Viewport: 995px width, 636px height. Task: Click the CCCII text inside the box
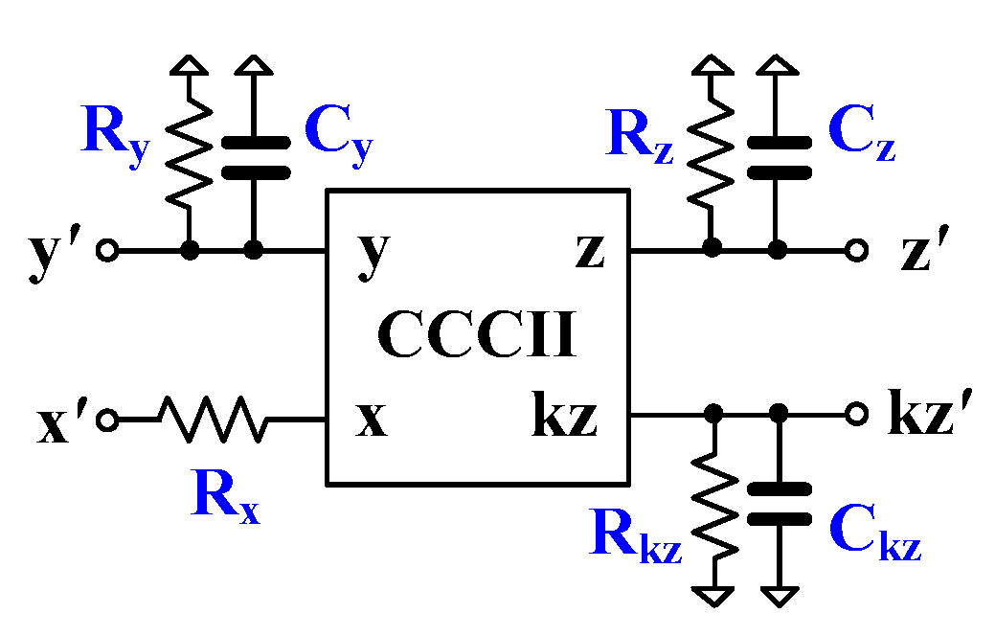[x=478, y=335]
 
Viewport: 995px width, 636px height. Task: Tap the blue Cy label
[x=337, y=134]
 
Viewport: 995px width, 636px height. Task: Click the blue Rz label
[x=640, y=138]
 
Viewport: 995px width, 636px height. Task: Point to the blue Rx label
[x=225, y=496]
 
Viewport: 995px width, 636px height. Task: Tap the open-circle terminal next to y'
[x=108, y=251]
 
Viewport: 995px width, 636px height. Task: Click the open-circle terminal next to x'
[x=108, y=420]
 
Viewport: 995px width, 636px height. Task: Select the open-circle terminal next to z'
[x=857, y=251]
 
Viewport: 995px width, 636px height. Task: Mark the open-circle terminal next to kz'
[x=857, y=415]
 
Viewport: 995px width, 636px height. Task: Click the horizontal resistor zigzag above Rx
[x=214, y=419]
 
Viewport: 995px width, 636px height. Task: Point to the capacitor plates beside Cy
[x=255, y=158]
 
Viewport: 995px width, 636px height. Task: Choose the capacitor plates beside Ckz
[x=779, y=504]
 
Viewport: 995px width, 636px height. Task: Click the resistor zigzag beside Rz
[x=711, y=158]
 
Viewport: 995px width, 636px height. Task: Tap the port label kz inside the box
[x=564, y=418]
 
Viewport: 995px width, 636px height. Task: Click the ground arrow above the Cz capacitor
[x=779, y=65]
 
